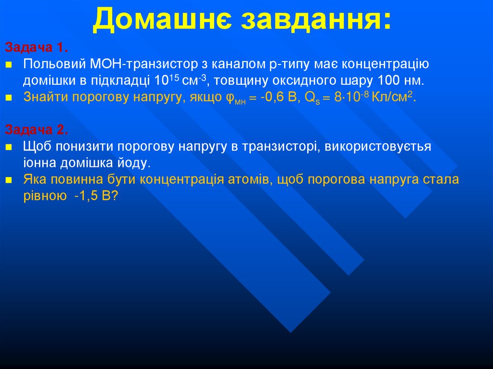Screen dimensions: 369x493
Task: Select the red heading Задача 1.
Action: [37, 48]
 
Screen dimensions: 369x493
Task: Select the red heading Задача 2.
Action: [37, 130]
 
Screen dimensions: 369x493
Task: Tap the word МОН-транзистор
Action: [134, 64]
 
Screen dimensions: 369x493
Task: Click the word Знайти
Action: [46, 97]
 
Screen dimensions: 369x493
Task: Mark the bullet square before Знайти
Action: [9, 98]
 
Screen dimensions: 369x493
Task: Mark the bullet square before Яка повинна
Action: [9, 180]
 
